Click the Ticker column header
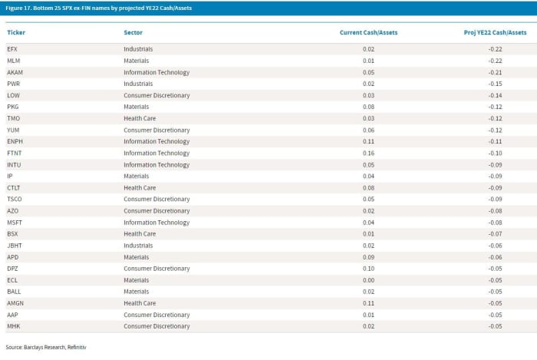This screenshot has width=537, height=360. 16,32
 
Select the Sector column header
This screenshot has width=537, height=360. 133,32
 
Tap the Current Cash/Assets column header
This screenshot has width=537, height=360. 368,32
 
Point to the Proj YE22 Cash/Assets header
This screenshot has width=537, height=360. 496,32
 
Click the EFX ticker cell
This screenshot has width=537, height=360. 12,49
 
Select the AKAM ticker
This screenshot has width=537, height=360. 15,72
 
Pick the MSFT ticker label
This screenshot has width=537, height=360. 15,223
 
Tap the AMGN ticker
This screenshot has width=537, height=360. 15,303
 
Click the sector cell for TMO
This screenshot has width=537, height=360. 140,118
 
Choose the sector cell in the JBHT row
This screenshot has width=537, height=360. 138,246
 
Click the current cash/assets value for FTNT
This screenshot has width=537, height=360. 368,153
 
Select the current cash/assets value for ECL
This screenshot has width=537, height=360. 368,280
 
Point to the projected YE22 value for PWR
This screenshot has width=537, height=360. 496,84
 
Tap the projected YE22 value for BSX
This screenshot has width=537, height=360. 496,234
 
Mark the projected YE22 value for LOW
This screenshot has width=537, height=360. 496,96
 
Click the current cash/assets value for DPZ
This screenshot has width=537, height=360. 368,269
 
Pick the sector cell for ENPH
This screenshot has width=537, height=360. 156,141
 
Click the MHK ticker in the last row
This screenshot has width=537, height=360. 13,326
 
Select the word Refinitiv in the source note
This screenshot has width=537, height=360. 77,347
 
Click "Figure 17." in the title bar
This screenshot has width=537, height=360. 18,8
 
